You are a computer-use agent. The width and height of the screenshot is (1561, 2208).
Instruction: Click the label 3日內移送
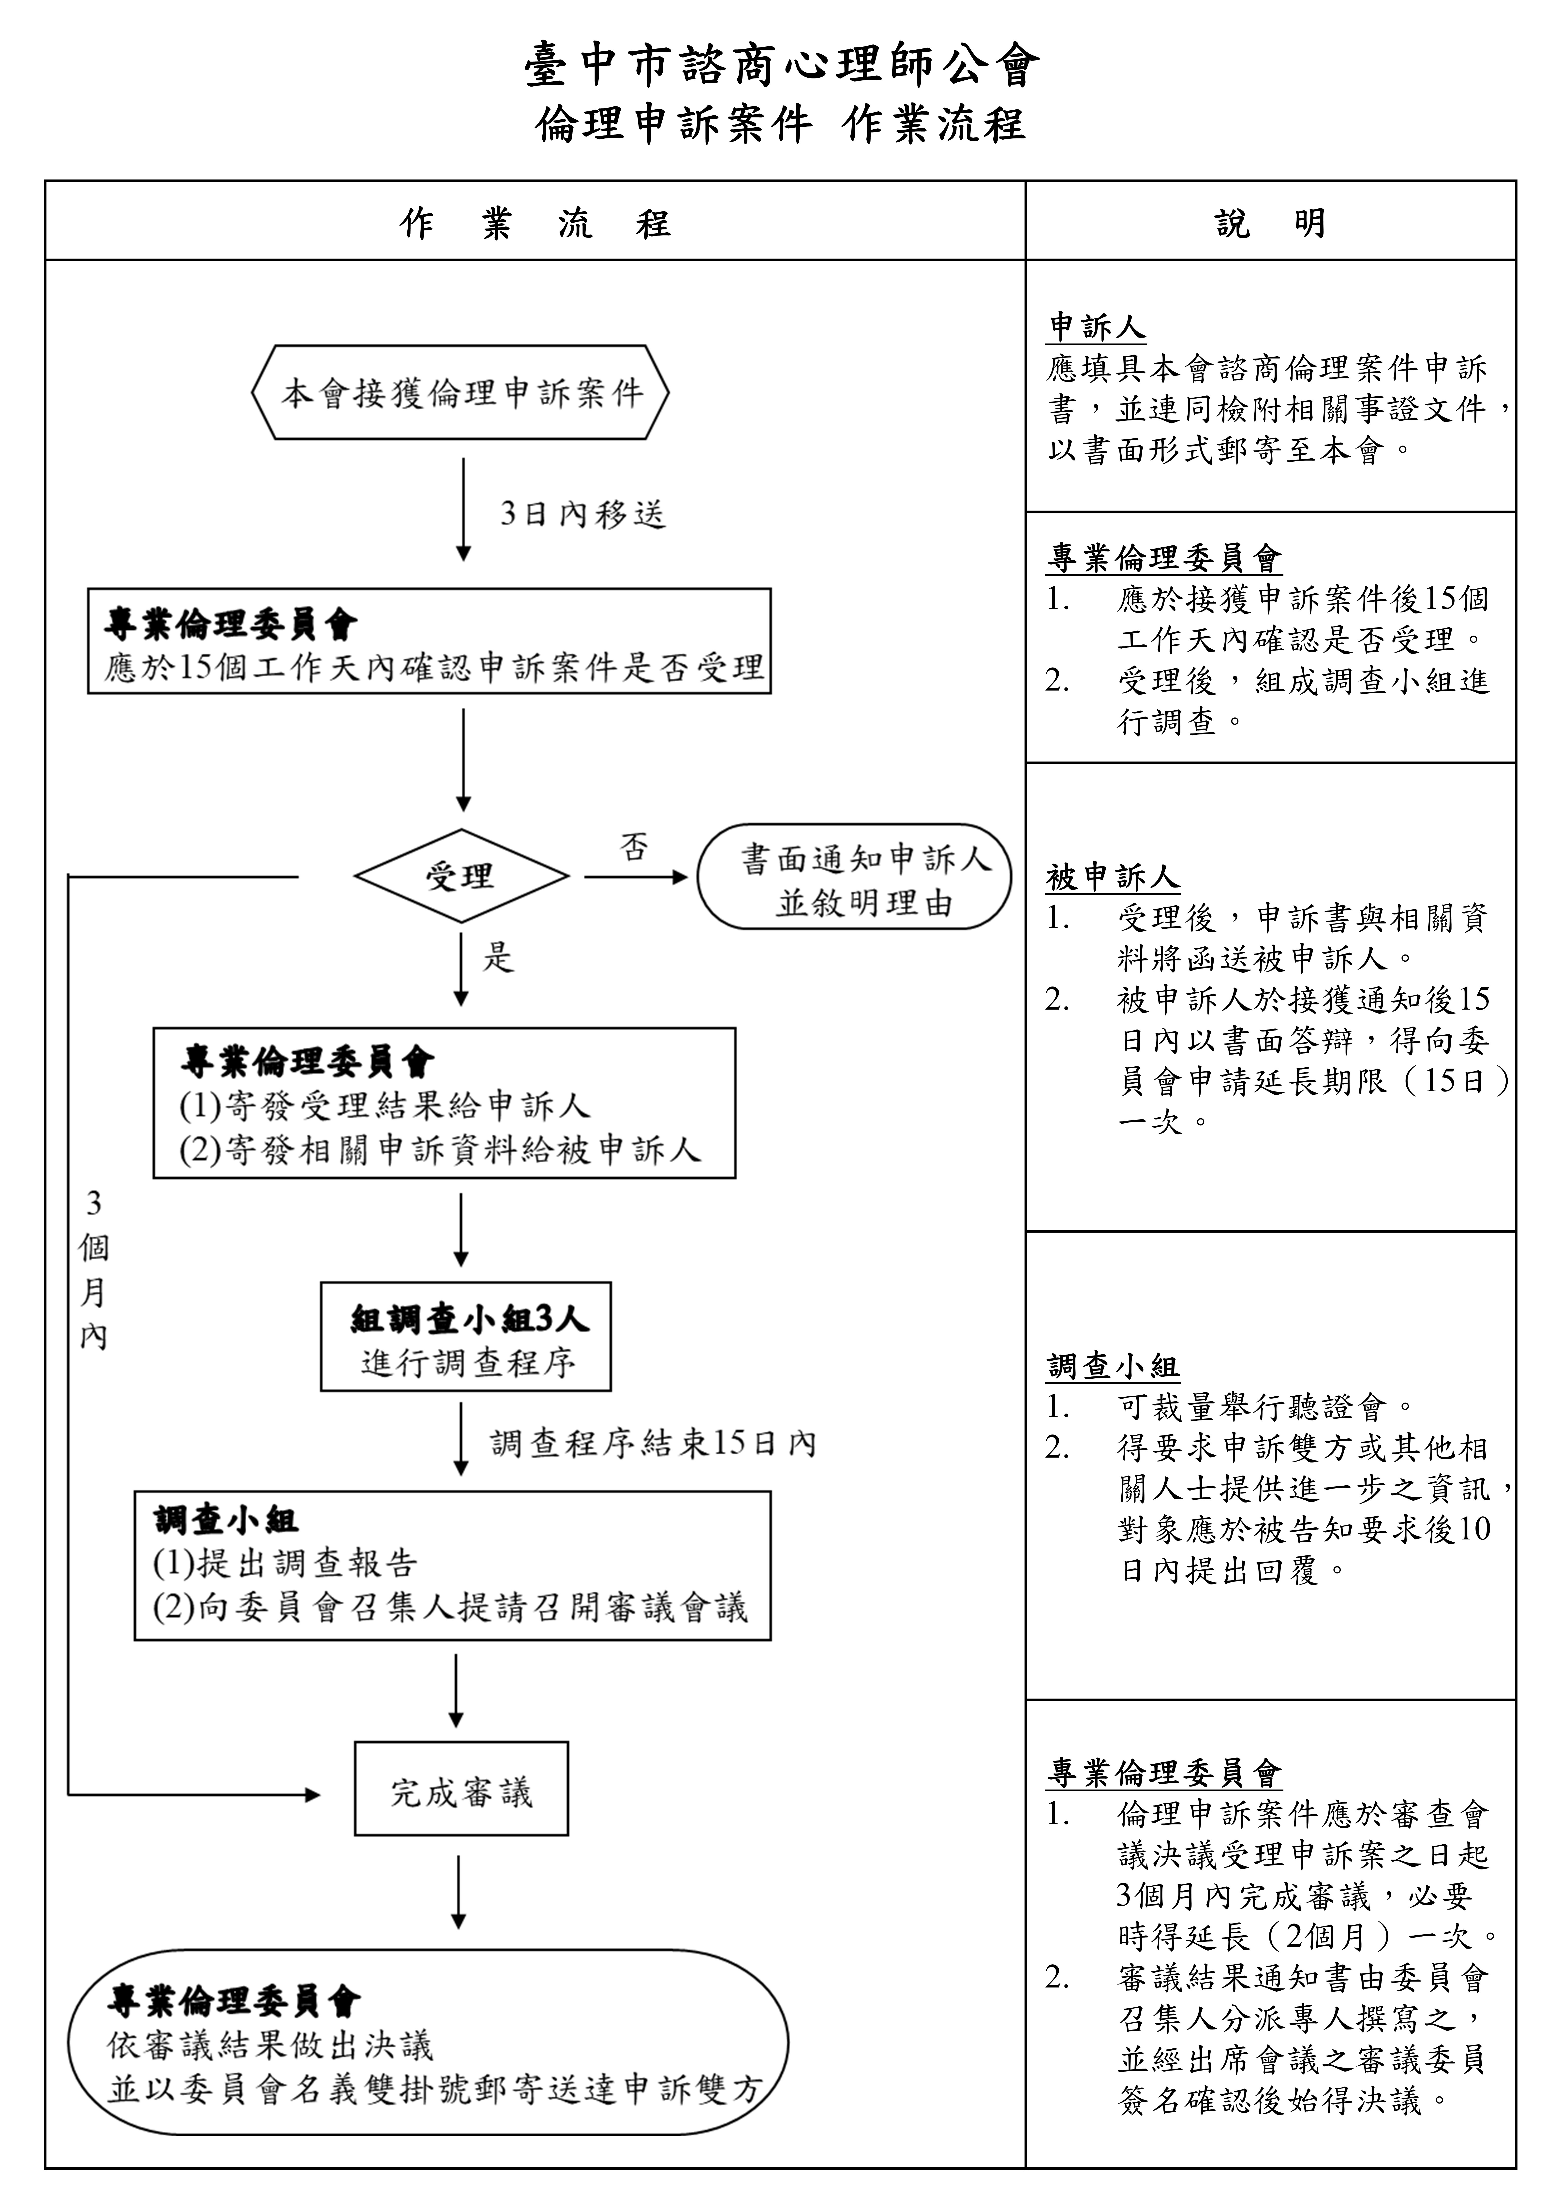[x=583, y=514]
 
